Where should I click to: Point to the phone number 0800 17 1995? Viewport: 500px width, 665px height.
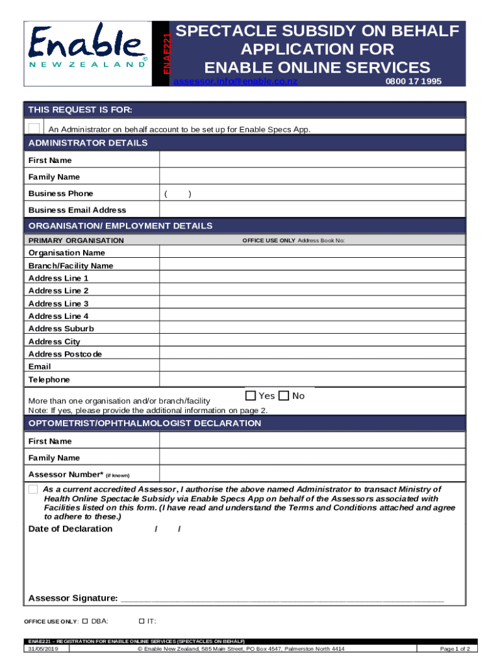413,81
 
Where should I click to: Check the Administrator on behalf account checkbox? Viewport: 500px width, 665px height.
34,128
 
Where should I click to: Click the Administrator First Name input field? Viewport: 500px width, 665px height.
312,160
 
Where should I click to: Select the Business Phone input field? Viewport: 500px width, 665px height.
312,194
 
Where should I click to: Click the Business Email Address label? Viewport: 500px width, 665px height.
77,210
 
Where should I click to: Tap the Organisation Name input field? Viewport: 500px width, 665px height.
312,252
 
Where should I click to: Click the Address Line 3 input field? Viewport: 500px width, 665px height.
312,303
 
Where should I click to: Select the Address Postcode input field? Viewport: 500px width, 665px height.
312,354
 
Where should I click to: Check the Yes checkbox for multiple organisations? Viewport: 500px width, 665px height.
251,395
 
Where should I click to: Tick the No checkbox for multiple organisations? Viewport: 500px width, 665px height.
284,395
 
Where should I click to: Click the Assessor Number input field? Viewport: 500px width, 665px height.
312,473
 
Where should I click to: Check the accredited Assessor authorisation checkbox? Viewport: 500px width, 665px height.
34,489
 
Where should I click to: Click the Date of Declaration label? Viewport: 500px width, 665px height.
70,529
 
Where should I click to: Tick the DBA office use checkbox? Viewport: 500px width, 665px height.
85,621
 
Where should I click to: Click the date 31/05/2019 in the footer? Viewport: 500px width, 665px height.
44,649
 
